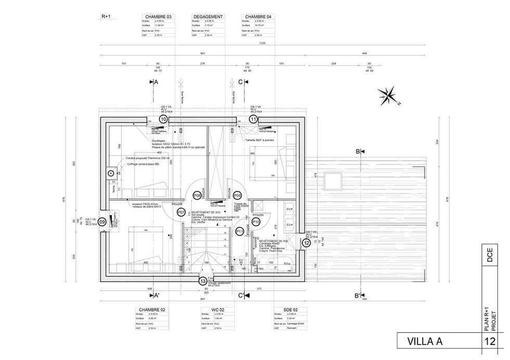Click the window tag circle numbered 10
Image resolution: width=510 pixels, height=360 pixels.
(163, 119)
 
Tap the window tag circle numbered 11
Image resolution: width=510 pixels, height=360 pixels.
(253, 119)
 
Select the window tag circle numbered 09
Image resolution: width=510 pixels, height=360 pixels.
(102, 222)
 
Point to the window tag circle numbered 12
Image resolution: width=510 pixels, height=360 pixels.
(307, 243)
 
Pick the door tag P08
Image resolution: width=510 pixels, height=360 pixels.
(197, 195)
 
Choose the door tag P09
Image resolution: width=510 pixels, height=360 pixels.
(237, 195)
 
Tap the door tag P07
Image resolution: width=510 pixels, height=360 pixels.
(181, 212)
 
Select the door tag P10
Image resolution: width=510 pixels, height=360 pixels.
(256, 222)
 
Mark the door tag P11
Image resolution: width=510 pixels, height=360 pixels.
(240, 231)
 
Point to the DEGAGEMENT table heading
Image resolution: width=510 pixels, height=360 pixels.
(207, 17)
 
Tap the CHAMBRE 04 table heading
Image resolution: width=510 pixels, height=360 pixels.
(258, 17)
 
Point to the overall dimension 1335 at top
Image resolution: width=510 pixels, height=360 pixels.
(263, 44)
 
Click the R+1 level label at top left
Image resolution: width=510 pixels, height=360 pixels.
(106, 17)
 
